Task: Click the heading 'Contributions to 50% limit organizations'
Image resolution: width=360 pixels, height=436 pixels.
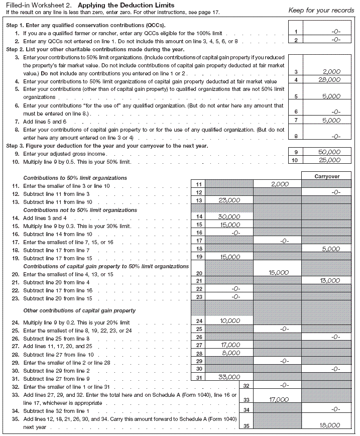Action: pyautogui.click(x=75, y=178)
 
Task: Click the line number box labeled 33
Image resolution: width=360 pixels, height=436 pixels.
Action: pyautogui.click(x=246, y=400)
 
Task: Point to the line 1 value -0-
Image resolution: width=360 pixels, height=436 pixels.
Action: pyautogui.click(x=336, y=31)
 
